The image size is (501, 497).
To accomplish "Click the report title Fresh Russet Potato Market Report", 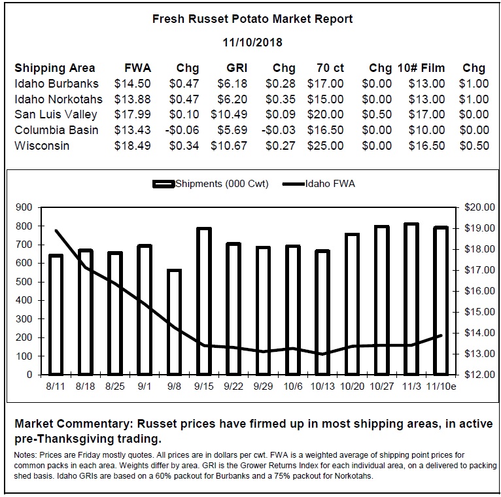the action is [252, 19].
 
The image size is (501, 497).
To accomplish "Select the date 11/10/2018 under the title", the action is [252, 43].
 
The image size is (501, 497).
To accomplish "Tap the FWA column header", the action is [138, 68].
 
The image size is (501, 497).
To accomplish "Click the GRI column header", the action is [237, 68].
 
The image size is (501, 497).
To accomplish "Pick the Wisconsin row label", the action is [42, 146].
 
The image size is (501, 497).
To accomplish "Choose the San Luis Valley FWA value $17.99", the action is [132, 114].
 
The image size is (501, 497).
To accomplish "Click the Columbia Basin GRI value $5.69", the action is [232, 130].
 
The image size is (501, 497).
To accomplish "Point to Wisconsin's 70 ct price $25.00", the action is [325, 146].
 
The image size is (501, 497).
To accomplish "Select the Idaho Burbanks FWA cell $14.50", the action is [132, 84].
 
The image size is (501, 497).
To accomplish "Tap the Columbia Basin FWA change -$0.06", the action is [182, 130].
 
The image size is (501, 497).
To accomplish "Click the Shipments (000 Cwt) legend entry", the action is [211, 184].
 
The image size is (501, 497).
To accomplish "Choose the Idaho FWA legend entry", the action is [319, 184].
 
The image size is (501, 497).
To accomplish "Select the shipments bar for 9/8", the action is [175, 322].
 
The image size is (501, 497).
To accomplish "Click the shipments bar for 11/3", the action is [411, 299].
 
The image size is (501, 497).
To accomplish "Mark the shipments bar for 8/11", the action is [56, 315].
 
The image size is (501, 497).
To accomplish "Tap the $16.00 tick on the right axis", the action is [479, 291].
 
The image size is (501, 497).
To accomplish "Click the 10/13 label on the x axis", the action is [322, 386].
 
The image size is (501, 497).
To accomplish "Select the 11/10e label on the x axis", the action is [441, 386].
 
